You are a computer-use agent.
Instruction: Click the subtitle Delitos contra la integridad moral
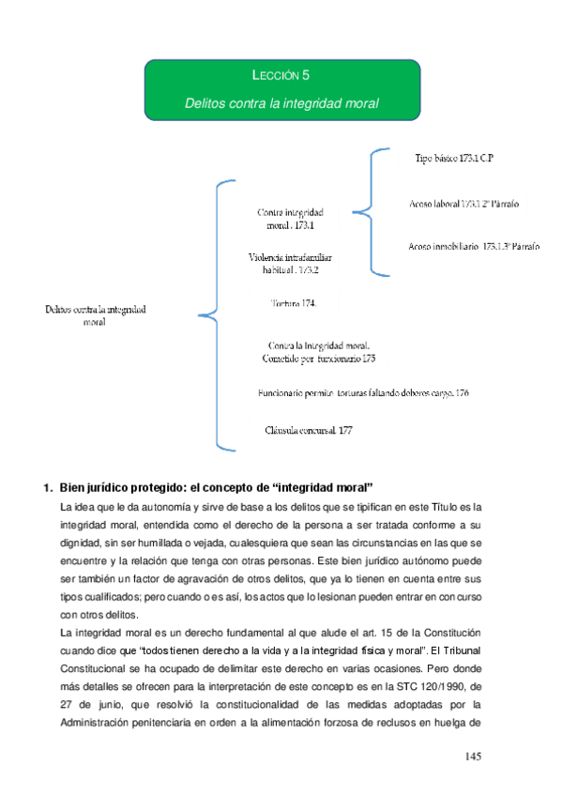(x=281, y=102)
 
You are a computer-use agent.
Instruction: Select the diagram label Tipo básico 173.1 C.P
(x=454, y=160)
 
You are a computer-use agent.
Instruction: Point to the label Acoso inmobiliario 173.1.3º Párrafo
(x=474, y=246)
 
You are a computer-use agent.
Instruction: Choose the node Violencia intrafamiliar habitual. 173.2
(x=290, y=263)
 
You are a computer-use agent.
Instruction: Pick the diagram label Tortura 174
(x=293, y=303)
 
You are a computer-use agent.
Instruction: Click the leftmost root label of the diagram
(x=95, y=314)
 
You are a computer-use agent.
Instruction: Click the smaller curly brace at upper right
(x=367, y=211)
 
